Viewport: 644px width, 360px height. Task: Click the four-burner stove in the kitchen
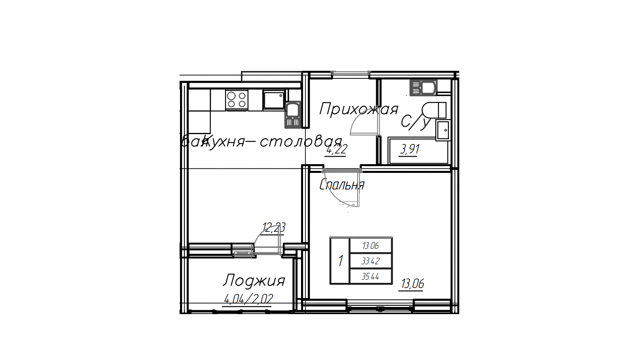tap(237, 100)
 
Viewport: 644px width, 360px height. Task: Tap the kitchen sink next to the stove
tap(274, 100)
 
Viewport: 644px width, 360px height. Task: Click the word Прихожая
tap(358, 109)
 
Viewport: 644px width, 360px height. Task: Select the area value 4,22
tap(336, 150)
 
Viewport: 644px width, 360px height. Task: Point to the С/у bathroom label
tap(415, 122)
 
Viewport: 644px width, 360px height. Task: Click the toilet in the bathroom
tap(434, 110)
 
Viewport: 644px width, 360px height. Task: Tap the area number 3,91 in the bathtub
tap(410, 150)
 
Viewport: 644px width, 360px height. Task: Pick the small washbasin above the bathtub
tap(443, 130)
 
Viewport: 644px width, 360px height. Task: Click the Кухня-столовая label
tap(273, 141)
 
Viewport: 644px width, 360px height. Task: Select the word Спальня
tap(342, 185)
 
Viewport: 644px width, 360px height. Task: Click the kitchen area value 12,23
tap(274, 228)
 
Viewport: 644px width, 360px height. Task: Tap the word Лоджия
tap(254, 280)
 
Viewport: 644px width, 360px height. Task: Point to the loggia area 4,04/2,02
tap(248, 299)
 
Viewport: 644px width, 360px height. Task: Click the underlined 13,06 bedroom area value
tap(413, 284)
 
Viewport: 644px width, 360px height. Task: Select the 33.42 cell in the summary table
tap(371, 261)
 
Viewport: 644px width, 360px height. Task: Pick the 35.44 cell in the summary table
tap(371, 277)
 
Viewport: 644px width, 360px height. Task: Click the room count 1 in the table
tap(340, 261)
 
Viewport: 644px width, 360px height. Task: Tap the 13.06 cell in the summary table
tap(371, 246)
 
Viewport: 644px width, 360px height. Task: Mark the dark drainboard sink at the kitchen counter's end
tap(293, 115)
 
